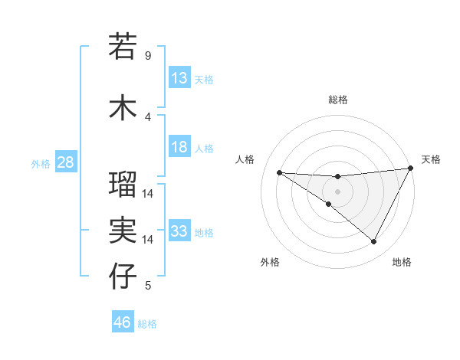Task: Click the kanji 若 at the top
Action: [123, 46]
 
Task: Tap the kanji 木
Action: [123, 107]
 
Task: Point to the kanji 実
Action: [123, 230]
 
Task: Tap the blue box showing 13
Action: [179, 78]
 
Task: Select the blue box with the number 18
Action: [179, 148]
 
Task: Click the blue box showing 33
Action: [179, 231]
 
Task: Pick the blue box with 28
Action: [65, 162]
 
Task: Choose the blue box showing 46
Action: [123, 322]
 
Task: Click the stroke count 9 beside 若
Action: [148, 56]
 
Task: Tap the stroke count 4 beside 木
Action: [148, 116]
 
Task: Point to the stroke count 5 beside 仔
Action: [148, 286]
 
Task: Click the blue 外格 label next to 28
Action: [40, 163]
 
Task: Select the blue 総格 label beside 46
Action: [148, 324]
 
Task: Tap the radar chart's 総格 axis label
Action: [337, 100]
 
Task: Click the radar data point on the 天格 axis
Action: [411, 169]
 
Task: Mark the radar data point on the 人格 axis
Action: [279, 172]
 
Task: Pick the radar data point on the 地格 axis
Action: [374, 242]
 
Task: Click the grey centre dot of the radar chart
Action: [337, 191]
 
